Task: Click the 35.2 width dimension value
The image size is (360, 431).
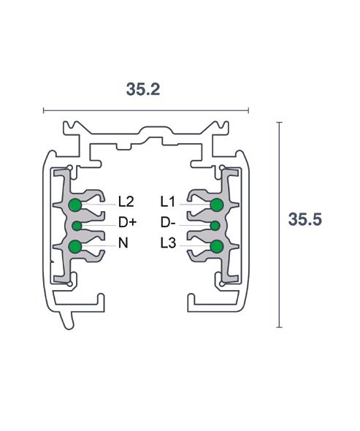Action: click(143, 89)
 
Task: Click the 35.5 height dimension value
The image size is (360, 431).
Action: click(305, 219)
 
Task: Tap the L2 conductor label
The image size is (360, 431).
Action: click(126, 202)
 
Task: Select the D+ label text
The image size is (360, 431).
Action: click(128, 222)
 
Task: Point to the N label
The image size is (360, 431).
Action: click(123, 243)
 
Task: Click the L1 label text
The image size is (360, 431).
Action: click(168, 202)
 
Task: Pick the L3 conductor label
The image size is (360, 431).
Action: click(168, 243)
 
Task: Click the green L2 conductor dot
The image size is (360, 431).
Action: click(75, 205)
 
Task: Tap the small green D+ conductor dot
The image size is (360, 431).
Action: click(77, 226)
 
